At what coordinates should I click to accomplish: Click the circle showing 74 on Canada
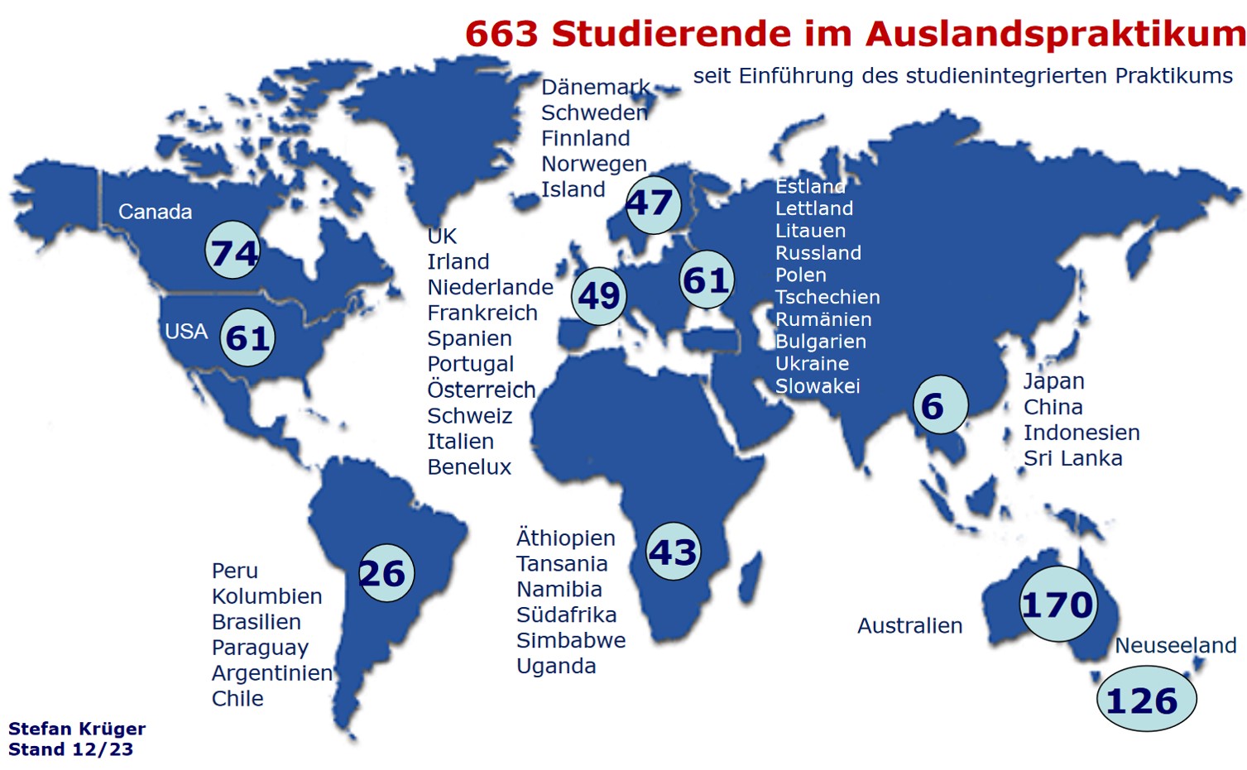[x=233, y=251]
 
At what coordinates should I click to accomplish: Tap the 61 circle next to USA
[x=248, y=337]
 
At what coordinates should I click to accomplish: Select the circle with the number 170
[x=1058, y=605]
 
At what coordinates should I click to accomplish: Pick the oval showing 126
[x=1145, y=701]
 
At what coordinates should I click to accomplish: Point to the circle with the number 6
[x=939, y=405]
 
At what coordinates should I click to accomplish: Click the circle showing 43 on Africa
[x=673, y=551]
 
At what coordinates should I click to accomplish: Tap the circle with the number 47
[x=651, y=203]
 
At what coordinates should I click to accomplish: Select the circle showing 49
[x=599, y=295]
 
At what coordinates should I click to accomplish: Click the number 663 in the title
[x=502, y=35]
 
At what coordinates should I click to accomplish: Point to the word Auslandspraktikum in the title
[x=1055, y=35]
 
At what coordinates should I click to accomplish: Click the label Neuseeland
[x=1175, y=645]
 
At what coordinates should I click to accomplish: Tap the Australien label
[x=909, y=626]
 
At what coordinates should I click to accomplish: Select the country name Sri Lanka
[x=1072, y=458]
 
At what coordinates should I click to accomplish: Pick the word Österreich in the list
[x=481, y=390]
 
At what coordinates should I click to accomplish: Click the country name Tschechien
[x=827, y=297]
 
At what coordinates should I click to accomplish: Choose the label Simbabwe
[x=570, y=640]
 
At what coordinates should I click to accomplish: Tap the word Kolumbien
[x=266, y=596]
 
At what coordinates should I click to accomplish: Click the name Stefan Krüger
[x=77, y=729]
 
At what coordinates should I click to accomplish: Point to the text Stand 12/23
[x=70, y=749]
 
